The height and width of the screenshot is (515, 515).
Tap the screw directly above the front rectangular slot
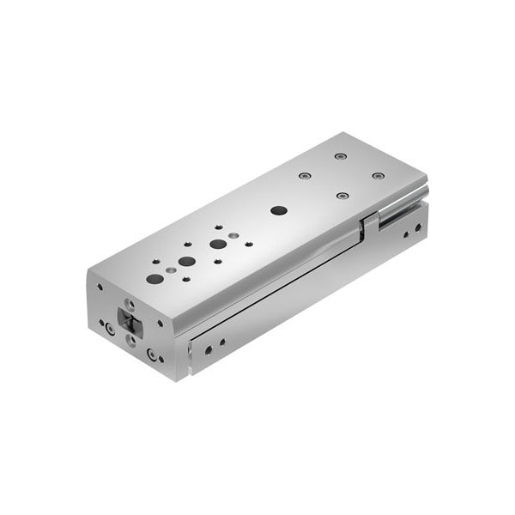130,305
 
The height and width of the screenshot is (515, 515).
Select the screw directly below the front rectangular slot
130,341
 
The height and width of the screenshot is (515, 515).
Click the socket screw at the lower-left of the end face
109,329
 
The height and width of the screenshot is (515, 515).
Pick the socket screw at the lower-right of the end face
152,354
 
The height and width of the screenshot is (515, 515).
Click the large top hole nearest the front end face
155,278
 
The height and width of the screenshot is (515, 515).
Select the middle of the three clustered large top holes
186,261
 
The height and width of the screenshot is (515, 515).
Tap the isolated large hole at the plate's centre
278,210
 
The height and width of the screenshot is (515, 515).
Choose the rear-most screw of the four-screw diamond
341,156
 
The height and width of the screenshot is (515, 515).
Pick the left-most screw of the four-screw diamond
304,176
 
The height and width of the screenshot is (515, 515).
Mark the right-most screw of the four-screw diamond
378,176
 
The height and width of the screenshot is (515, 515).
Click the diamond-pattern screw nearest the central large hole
342,196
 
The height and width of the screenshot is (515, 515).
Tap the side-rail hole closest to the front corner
206,348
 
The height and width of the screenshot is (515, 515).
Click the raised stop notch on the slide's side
369,226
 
